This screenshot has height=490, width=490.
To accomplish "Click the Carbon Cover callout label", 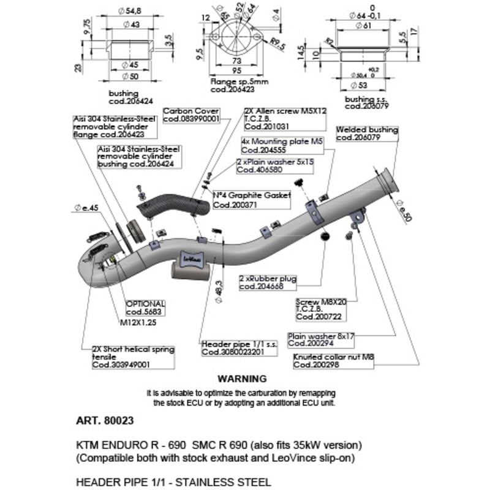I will [x=192, y=115].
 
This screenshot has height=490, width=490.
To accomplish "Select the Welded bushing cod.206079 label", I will [x=367, y=134].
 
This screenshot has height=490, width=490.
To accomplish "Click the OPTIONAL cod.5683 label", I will [x=145, y=307].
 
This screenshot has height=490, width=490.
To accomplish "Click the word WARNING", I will [x=243, y=379].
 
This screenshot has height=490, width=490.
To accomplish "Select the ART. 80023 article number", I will [x=105, y=421].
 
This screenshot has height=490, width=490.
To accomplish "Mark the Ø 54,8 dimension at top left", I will [x=129, y=11].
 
